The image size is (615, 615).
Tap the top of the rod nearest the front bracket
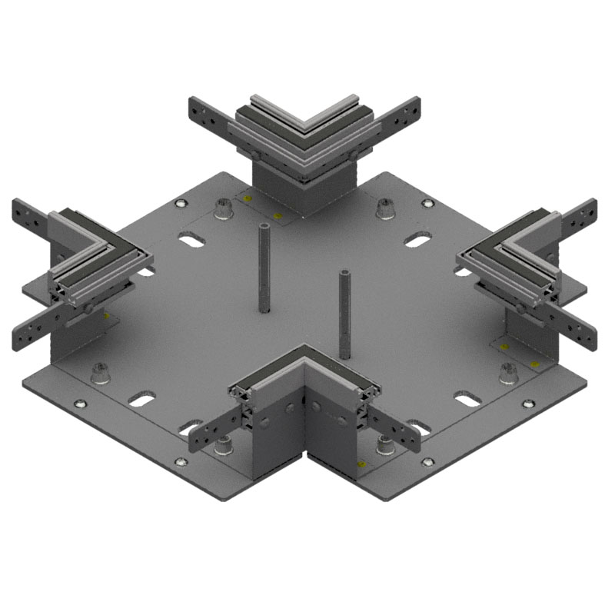(344, 274)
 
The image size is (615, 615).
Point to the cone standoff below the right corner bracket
(507, 372)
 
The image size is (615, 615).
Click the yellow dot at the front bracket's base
(362, 464)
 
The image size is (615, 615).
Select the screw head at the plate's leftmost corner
(79, 403)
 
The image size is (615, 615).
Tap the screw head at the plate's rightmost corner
(527, 403)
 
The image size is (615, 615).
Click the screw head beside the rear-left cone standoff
(181, 204)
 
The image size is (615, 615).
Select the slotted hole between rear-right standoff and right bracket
(417, 241)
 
